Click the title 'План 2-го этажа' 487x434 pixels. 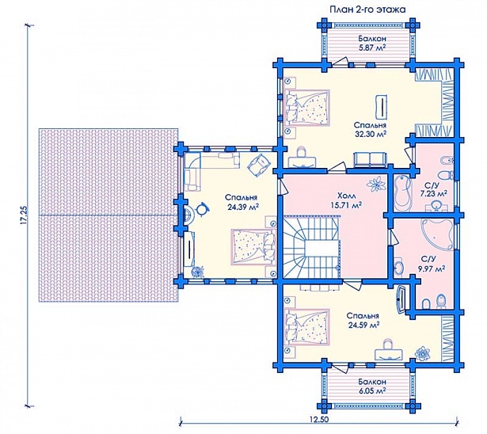coord(367,10)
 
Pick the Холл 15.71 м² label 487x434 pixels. coord(347,200)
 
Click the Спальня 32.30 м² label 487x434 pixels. coord(371,129)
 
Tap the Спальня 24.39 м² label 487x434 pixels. coord(241,203)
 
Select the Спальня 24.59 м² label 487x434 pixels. coord(363,320)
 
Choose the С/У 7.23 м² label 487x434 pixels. coord(434,190)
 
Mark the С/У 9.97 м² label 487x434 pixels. coord(432,264)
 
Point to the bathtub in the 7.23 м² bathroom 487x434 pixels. coord(402,194)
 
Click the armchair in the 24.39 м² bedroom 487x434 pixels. coord(258,163)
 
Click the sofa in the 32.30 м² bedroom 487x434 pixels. coord(370,160)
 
